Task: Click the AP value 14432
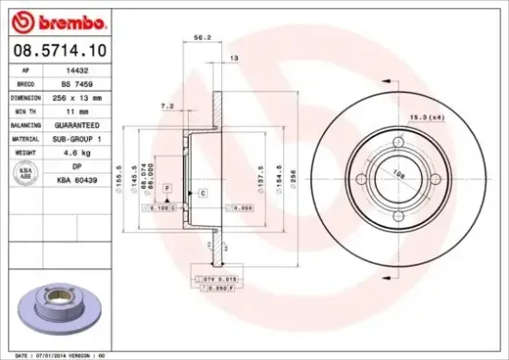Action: click(85, 69)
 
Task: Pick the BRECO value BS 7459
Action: click(85, 82)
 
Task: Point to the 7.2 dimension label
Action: click(168, 106)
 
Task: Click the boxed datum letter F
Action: click(167, 188)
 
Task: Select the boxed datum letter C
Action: click(202, 192)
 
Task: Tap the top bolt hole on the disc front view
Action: click(399, 143)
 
